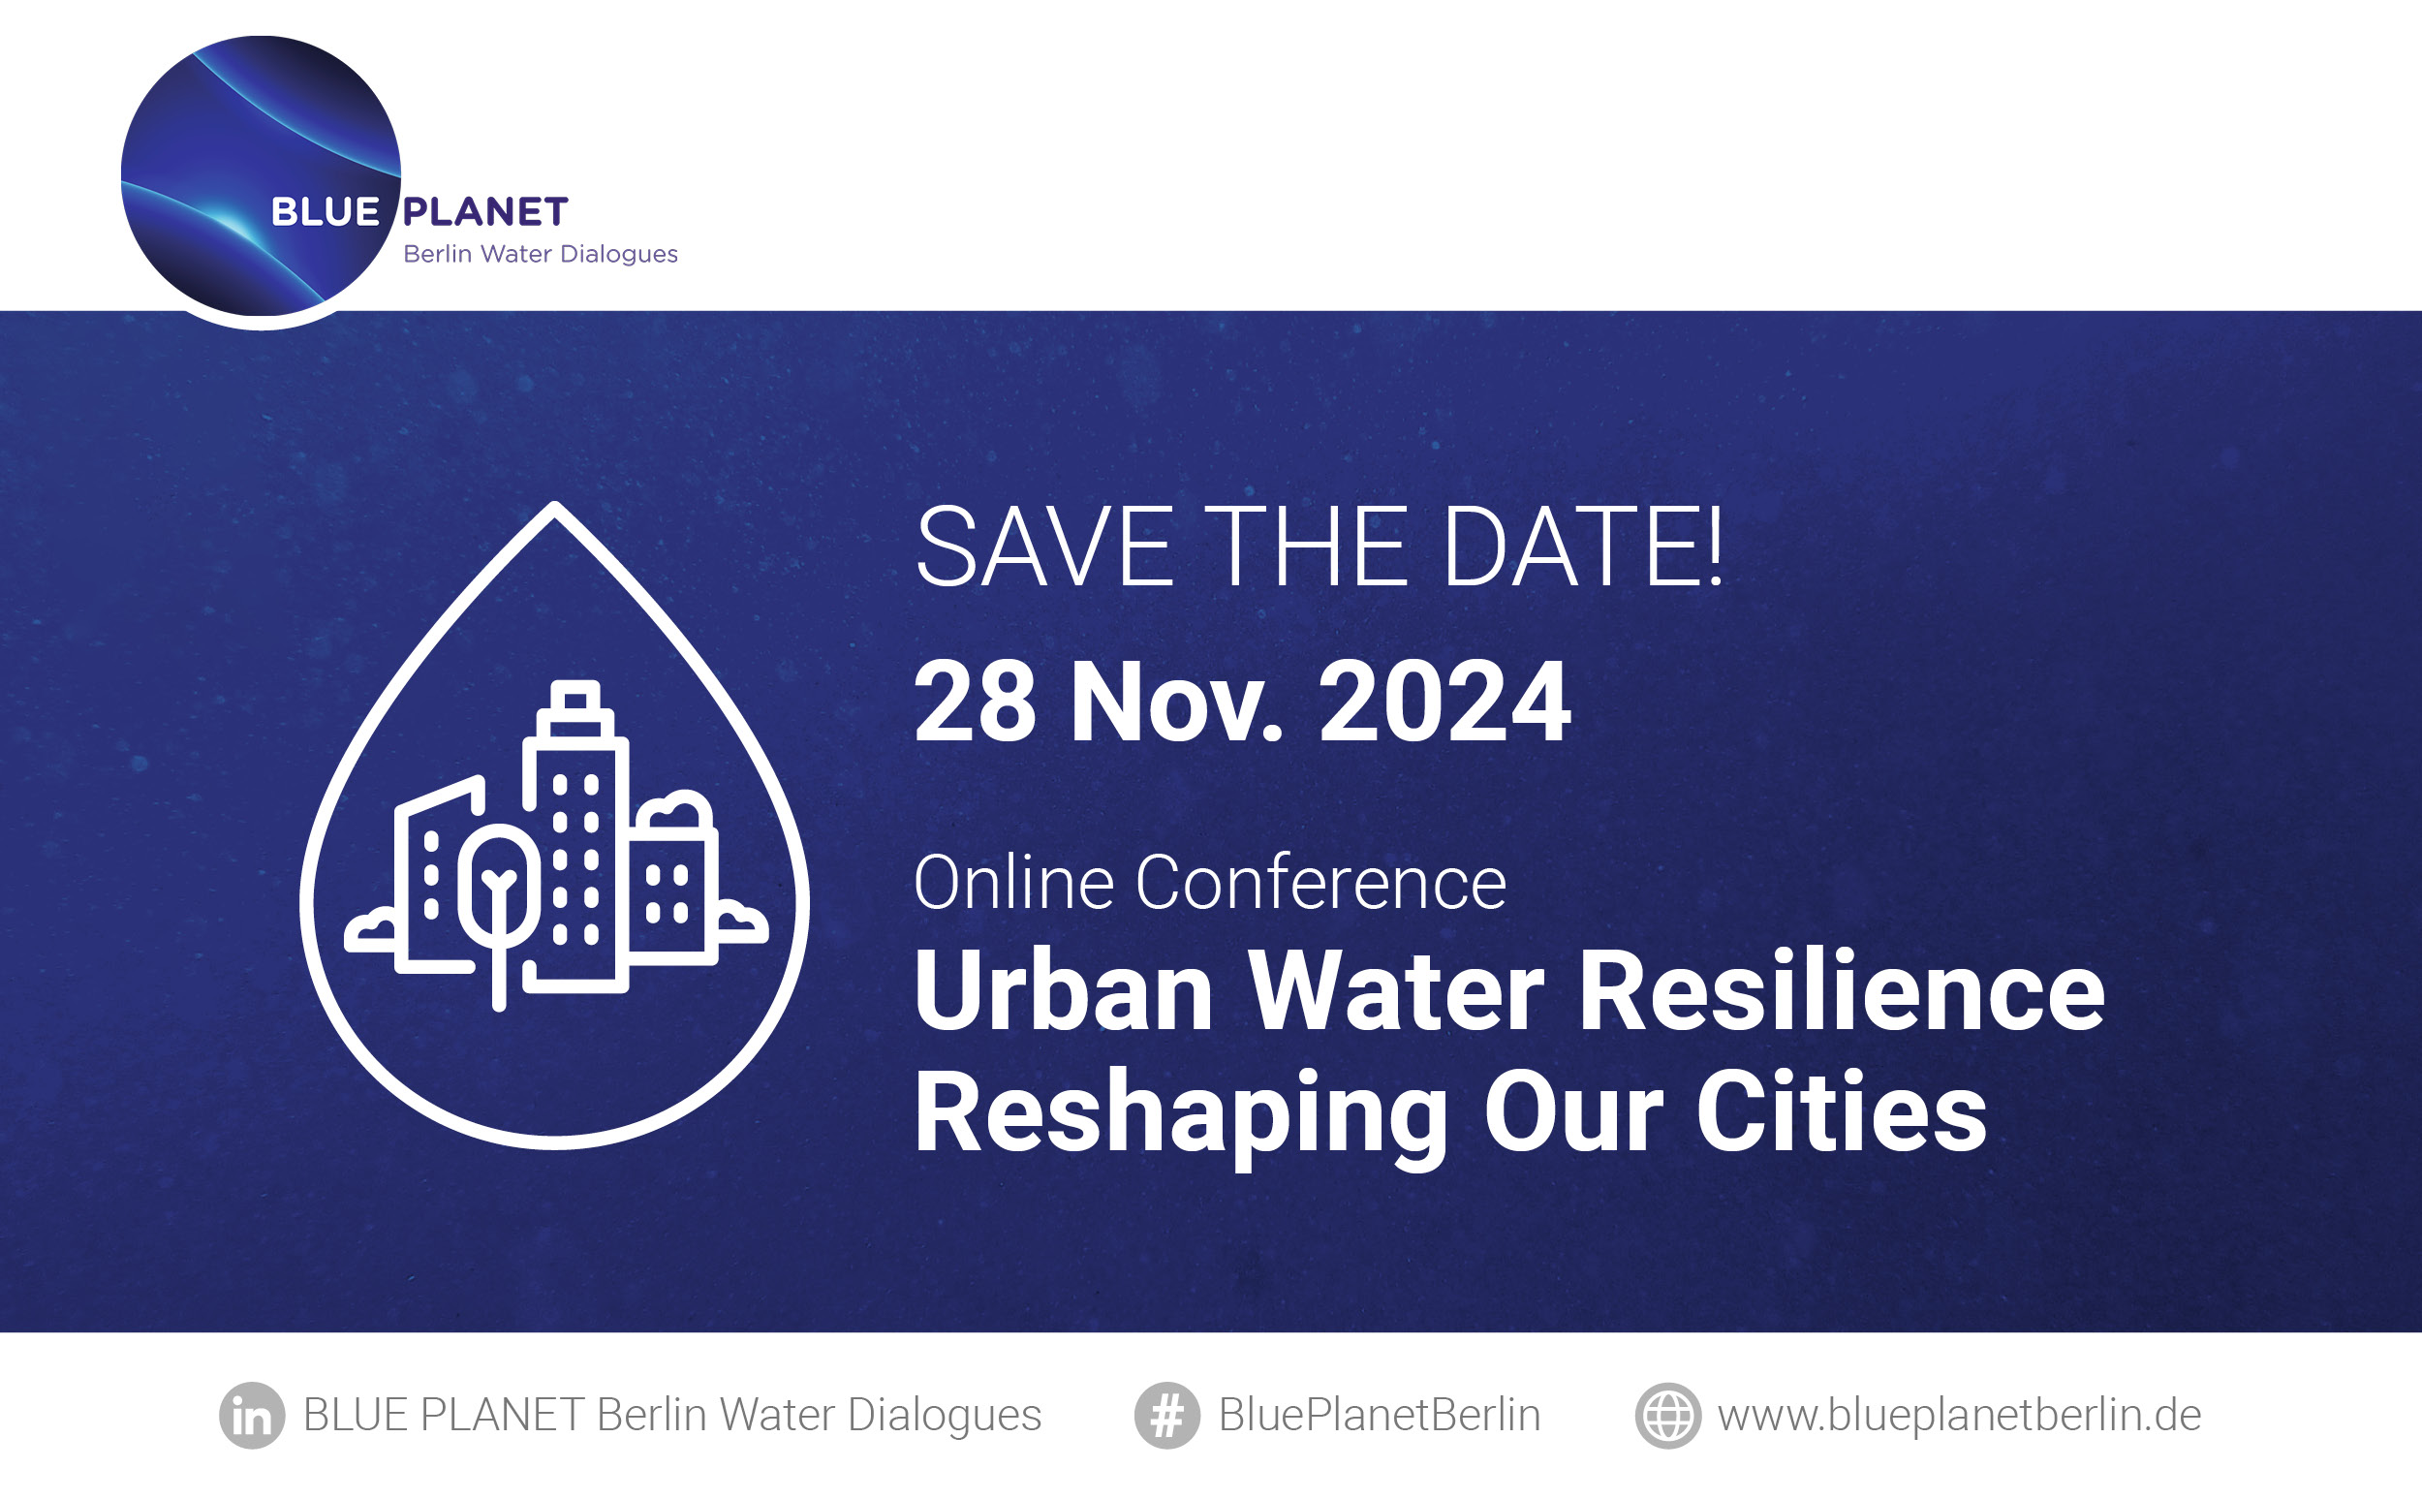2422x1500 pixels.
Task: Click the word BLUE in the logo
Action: click(x=326, y=211)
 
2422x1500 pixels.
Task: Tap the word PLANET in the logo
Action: click(x=485, y=211)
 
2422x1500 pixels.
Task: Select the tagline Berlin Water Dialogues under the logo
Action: click(x=541, y=255)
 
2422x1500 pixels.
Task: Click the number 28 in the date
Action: click(x=975, y=703)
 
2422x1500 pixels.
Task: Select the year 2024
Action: click(x=1444, y=703)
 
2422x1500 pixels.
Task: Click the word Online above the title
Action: click(x=1013, y=882)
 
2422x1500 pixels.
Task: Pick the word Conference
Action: click(x=1321, y=882)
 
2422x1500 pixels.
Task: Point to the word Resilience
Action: click(x=1841, y=991)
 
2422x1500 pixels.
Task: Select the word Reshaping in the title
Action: click(x=1181, y=1113)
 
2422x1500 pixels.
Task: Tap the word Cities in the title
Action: click(x=1842, y=1111)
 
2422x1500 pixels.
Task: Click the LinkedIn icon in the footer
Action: click(x=252, y=1416)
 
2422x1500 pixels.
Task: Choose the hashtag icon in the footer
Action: click(x=1167, y=1416)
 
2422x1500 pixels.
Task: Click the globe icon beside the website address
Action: click(x=1668, y=1416)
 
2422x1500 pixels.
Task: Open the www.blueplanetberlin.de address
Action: click(x=1959, y=1416)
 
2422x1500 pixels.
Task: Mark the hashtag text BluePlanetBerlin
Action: click(x=1380, y=1416)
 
